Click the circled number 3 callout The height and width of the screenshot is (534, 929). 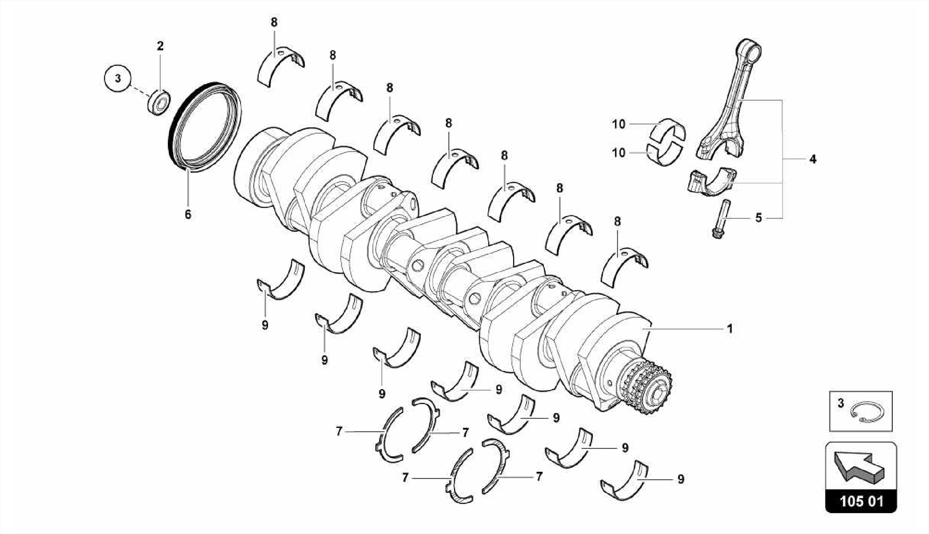point(117,78)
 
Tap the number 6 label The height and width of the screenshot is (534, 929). point(188,214)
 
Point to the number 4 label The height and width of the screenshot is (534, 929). point(812,159)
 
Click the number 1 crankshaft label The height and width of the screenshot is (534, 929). point(730,328)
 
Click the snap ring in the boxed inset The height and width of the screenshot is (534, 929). point(867,413)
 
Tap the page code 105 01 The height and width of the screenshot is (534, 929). point(861,502)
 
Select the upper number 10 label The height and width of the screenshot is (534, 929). point(618,124)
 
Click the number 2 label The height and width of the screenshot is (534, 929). point(160,46)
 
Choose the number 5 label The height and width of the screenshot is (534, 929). point(758,218)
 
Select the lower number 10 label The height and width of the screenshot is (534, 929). point(618,153)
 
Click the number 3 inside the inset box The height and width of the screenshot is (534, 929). point(841,403)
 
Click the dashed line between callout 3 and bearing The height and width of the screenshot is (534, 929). point(139,90)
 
